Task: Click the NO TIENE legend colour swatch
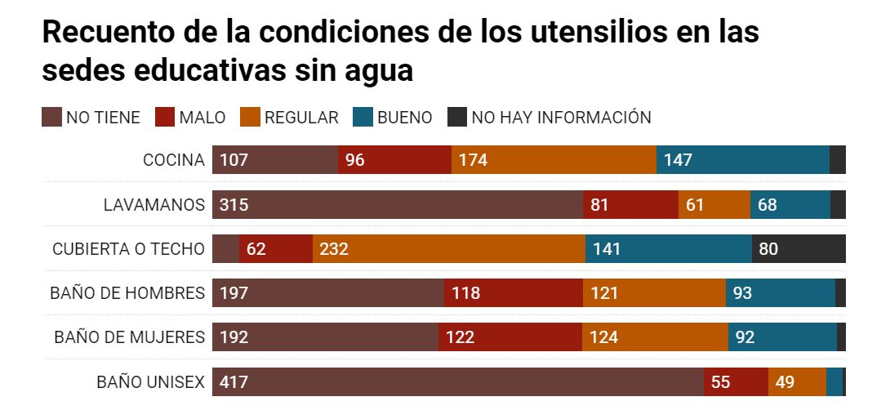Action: pos(51,118)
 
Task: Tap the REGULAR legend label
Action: pos(300,118)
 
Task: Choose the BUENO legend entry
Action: pos(404,118)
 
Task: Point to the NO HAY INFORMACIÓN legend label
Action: pos(561,118)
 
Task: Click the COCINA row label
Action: pos(174,160)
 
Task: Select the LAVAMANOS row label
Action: pos(154,204)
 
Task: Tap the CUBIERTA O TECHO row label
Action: pos(128,249)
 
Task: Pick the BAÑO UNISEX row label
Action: pos(150,381)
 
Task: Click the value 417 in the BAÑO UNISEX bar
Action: pos(234,381)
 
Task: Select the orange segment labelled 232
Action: pos(448,249)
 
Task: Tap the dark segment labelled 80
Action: pos(799,249)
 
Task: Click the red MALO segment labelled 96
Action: pos(394,160)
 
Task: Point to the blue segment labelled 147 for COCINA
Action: pos(742,160)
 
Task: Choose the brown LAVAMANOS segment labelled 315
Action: pos(397,204)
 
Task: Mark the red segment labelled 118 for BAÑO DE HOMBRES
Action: pos(513,293)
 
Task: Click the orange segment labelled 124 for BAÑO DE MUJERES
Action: pos(654,337)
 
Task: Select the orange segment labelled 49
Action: pos(797,381)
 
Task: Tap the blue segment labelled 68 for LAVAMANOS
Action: pos(790,204)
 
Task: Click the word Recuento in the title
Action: pos(107,32)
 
